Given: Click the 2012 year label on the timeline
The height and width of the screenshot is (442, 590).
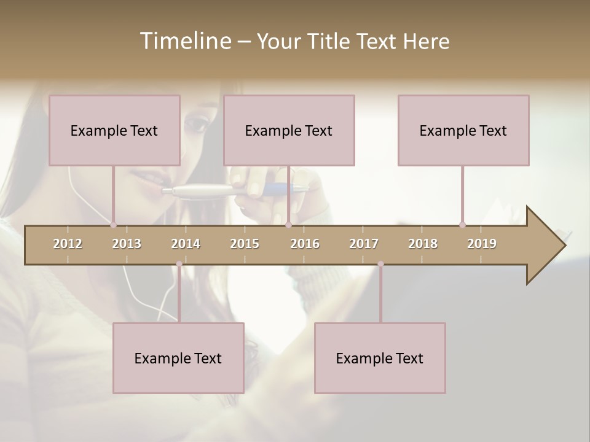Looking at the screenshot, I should pos(68,244).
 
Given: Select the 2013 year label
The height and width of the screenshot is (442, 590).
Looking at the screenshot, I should pos(127,244).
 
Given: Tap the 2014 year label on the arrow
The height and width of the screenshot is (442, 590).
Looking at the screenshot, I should pos(186,244).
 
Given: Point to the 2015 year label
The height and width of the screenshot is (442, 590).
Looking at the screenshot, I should pos(245,244).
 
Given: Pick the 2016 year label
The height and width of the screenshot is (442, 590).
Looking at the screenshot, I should pos(305,244).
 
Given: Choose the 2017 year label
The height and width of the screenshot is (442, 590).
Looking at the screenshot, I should pos(364,244).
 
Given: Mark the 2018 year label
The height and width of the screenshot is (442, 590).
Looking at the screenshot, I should pos(423,244).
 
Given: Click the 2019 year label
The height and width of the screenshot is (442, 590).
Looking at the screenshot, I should pos(482,244).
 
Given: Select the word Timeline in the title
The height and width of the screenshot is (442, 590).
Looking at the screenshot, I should pos(184,41).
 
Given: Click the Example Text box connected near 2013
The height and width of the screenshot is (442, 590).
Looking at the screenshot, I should pos(114,130).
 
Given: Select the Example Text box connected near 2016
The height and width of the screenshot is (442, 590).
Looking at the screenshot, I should pos(289,130).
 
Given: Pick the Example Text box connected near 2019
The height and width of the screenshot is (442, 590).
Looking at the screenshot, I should pos(463,130).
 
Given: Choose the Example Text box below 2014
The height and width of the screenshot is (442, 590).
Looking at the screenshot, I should pos(178,358).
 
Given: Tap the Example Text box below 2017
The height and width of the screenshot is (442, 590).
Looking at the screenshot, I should pos(380,358).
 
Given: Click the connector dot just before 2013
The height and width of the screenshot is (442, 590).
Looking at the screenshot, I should pos(113,225).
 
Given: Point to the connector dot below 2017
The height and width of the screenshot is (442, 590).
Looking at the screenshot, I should pos(380,264).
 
